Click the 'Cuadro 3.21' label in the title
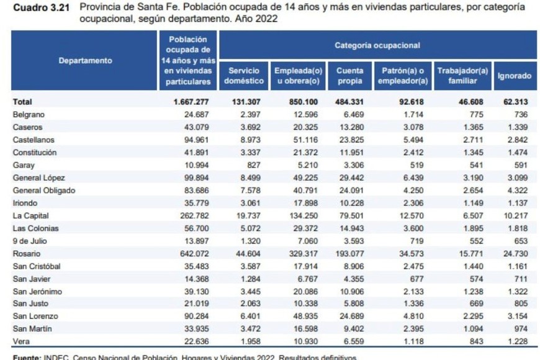pos(38,7)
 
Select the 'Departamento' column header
pos(86,61)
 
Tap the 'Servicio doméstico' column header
pos(244,76)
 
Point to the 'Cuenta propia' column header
pos(350,76)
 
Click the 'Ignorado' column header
pos(514,76)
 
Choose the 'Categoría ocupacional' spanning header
pos(377,45)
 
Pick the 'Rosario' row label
pos(25,254)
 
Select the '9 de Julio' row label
pos(29,241)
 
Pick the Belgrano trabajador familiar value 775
pos(477,114)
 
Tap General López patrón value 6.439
pos(412,178)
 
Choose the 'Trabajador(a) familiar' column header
pos(462,76)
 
